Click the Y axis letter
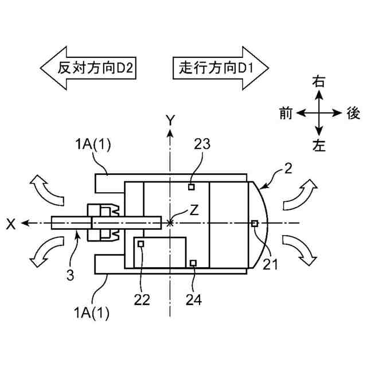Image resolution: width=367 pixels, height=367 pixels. (x=170, y=119)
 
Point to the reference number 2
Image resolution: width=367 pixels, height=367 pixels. (x=288, y=169)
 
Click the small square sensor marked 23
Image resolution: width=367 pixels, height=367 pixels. (x=193, y=186)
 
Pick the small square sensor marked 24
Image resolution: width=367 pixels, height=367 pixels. (x=193, y=263)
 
